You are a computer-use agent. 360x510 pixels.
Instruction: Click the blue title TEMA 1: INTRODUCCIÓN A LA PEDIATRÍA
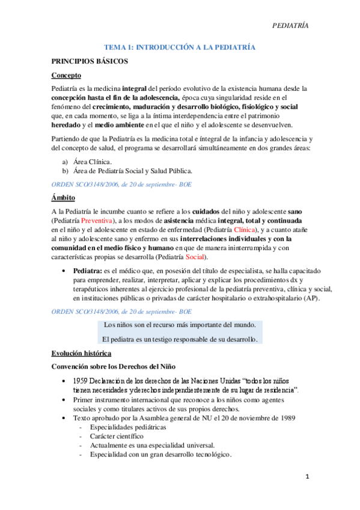click(180, 46)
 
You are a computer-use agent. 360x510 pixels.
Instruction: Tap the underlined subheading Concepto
click(66, 75)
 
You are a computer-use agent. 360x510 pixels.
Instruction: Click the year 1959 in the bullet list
click(82, 382)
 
